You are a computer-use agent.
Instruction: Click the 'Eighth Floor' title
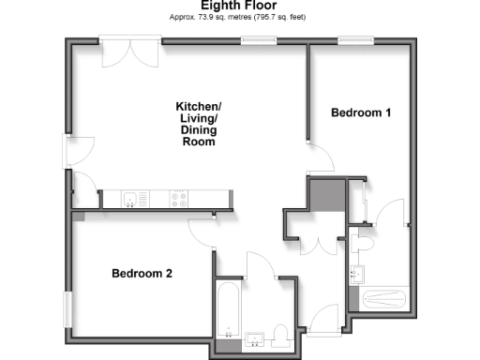[239, 6]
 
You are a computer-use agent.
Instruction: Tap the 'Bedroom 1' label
[361, 113]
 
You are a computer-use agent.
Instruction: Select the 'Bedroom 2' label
[142, 274]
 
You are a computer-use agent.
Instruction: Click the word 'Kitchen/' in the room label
[199, 107]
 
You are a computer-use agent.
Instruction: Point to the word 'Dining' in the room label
[199, 131]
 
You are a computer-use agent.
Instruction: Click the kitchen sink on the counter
[132, 198]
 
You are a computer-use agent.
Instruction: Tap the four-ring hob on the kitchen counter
[178, 198]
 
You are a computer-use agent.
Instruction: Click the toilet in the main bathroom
[280, 335]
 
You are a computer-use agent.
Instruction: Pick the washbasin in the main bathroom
[254, 339]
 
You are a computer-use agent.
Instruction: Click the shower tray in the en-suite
[382, 300]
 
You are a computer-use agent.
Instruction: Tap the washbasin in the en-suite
[355, 275]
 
